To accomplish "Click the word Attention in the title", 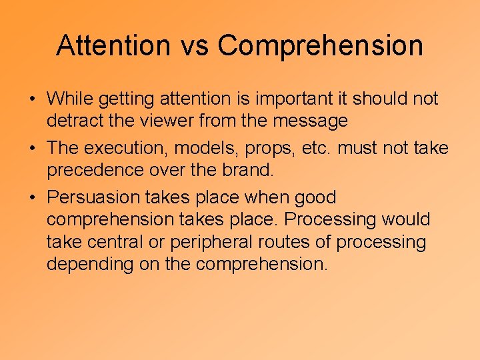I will click(x=105, y=45).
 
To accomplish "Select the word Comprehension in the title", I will click(x=320, y=45).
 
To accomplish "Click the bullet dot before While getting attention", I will click(x=32, y=99).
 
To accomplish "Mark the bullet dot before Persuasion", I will click(x=32, y=198).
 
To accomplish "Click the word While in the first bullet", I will click(x=70, y=99).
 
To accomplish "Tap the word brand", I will click(x=247, y=171).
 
